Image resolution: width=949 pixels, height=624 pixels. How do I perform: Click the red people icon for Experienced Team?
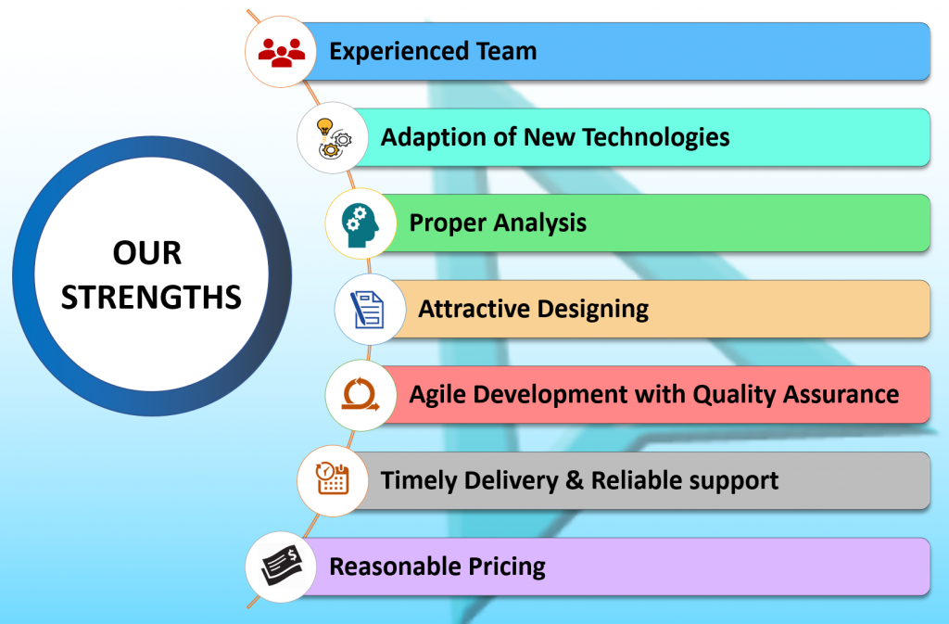(x=281, y=52)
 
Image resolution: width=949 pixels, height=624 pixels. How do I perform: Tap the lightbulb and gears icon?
(x=333, y=138)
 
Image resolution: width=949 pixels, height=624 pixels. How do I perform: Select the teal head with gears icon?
(x=361, y=224)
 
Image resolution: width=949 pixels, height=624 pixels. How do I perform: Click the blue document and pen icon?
(x=367, y=310)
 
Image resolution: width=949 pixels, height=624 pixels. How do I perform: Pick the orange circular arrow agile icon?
(x=361, y=395)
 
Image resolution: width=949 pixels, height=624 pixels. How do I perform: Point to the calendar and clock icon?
(x=333, y=478)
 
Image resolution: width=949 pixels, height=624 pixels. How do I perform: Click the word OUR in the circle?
(x=147, y=253)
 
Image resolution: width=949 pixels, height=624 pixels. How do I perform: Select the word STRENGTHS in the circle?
(x=151, y=298)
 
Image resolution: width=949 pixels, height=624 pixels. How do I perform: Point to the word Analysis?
(x=540, y=223)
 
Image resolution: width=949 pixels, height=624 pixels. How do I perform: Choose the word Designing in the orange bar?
(x=592, y=310)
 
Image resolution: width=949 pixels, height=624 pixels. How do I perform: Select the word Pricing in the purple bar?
(x=507, y=567)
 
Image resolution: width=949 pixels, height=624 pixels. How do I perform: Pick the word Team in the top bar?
(x=507, y=51)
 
